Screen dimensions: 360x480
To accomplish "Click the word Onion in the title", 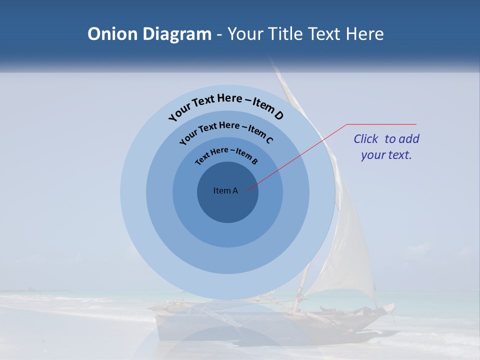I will tap(111, 34).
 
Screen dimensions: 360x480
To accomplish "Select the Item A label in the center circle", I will tap(225, 190).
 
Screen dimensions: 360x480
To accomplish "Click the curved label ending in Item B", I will tap(226, 155).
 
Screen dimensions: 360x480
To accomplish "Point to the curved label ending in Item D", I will tap(226, 106).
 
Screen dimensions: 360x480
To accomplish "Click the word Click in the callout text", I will tap(366, 139).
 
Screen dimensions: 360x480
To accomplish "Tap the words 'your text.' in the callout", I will tap(386, 155).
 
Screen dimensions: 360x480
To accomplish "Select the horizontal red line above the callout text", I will tap(381, 124).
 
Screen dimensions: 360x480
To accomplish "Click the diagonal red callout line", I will tap(297, 157).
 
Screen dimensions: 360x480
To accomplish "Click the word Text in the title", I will tap(321, 34).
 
